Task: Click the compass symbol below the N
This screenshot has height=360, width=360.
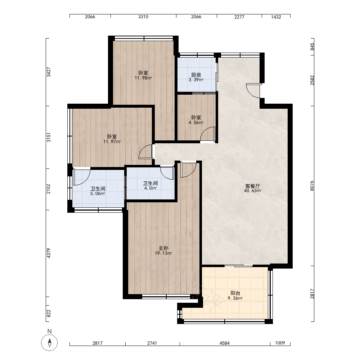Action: [x=49, y=343]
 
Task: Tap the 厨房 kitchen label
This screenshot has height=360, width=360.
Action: [x=196, y=75]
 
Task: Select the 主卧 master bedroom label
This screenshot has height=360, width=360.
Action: [x=163, y=248]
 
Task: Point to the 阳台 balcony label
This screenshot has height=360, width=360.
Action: [x=235, y=293]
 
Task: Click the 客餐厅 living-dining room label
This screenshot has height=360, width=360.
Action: [x=253, y=186]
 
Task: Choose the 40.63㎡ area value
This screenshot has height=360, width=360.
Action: [x=253, y=191]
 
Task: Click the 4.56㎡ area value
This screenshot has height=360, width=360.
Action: [x=196, y=123]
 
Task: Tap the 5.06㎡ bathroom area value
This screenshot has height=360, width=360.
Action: [x=98, y=194]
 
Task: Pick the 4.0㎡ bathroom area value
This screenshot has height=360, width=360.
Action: [x=150, y=188]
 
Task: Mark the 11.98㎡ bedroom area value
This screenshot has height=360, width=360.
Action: [x=143, y=78]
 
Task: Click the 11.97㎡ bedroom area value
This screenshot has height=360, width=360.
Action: [x=112, y=141]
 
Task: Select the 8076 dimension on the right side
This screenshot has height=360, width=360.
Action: [x=312, y=186]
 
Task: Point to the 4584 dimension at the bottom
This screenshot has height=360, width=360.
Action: [x=225, y=343]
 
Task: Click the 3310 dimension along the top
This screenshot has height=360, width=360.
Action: [x=143, y=17]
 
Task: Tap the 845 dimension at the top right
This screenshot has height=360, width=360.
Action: [x=312, y=47]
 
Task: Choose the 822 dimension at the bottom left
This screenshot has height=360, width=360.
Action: [x=49, y=314]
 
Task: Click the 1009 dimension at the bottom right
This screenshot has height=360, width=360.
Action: [x=280, y=343]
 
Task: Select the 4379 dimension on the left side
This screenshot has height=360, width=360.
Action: [x=49, y=253]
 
